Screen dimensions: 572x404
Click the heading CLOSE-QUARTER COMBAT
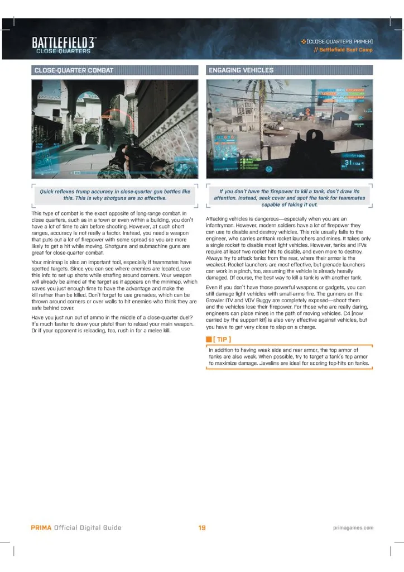74,70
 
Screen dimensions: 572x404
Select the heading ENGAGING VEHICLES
241,70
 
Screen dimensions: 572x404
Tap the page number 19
202,527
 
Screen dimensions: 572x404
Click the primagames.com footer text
353,527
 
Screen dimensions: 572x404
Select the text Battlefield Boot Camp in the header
347,50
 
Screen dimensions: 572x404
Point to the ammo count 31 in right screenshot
349,163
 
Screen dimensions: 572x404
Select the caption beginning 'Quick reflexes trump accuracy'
115,194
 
